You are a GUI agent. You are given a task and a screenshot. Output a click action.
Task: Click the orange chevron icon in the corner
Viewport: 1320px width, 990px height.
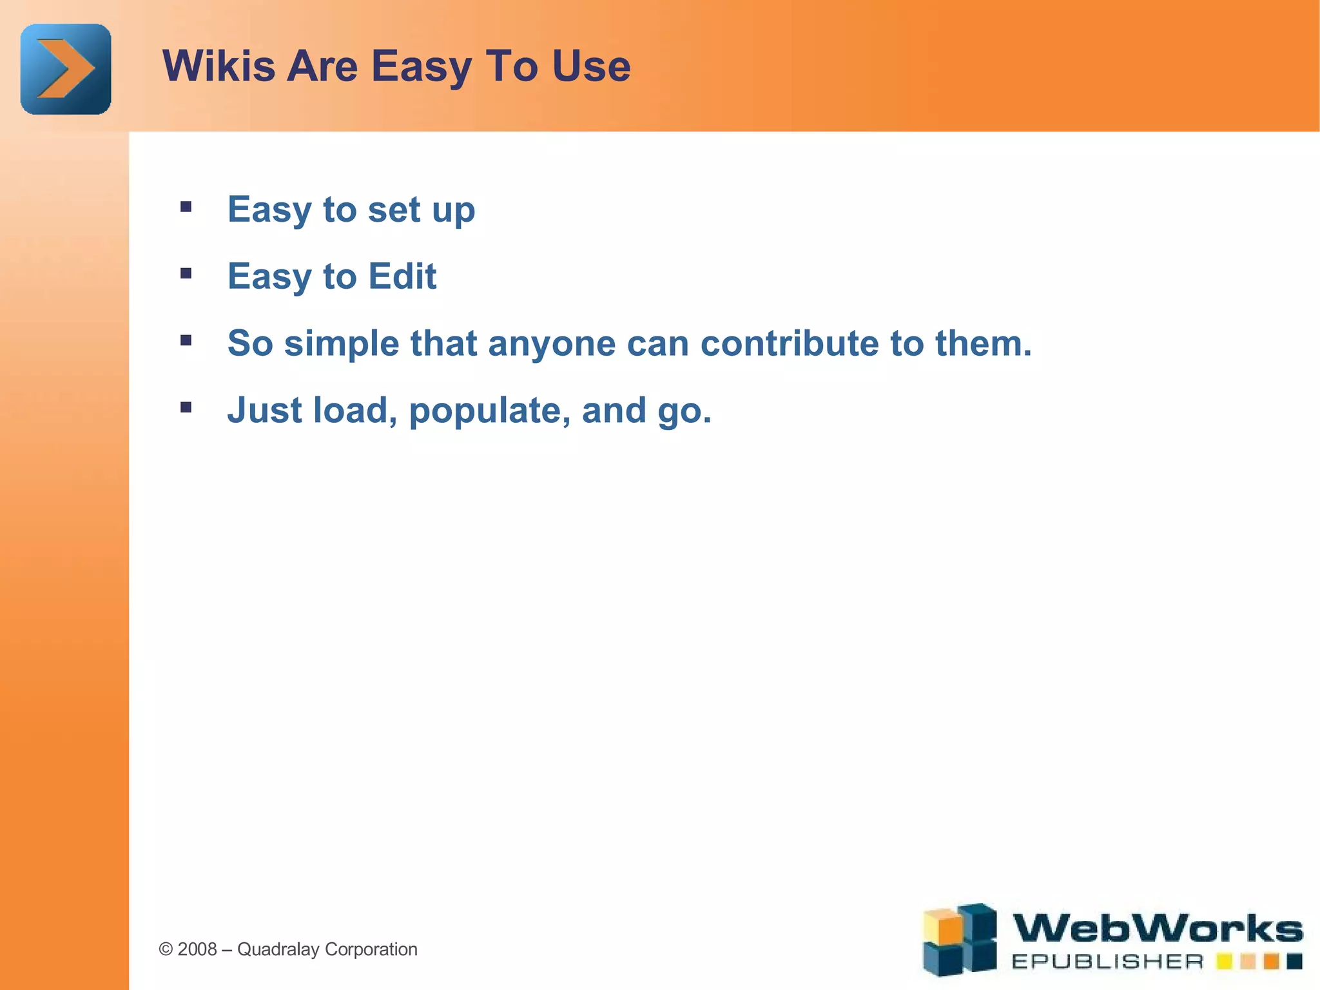coord(66,69)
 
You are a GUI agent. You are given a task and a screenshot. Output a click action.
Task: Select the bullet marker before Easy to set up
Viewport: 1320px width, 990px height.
coord(186,207)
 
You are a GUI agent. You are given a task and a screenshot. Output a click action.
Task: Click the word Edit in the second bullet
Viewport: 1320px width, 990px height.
coord(402,277)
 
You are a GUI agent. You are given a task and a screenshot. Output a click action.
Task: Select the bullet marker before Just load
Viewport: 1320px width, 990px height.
coord(186,407)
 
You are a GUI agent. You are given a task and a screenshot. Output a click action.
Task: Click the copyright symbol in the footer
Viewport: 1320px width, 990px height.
coord(166,949)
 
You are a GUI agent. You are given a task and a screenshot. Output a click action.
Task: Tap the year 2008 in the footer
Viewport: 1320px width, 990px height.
coord(197,949)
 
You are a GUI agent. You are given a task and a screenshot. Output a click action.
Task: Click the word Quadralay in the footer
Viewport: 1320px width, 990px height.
coord(278,949)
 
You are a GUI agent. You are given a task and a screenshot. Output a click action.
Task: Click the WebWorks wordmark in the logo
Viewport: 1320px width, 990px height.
coord(1157,929)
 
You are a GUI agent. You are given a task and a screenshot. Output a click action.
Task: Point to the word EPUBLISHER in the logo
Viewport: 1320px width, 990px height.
coord(1107,962)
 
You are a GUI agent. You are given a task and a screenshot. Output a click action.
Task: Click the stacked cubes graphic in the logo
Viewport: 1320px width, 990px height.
coord(959,939)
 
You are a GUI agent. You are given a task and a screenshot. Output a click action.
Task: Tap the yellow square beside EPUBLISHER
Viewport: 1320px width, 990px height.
coord(1224,962)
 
